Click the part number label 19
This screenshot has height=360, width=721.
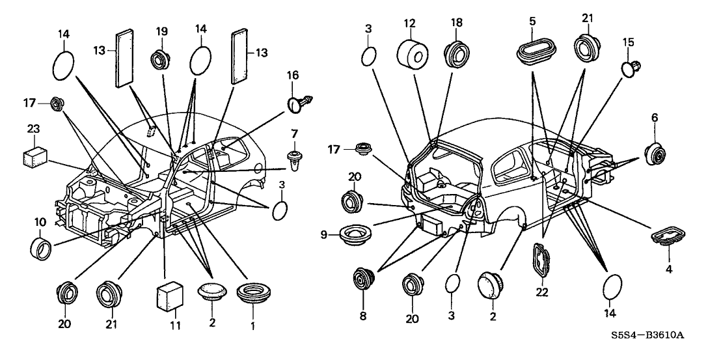click(162, 31)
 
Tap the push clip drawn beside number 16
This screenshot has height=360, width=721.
click(299, 103)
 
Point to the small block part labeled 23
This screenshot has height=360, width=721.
click(34, 156)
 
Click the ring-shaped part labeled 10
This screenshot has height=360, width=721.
click(43, 247)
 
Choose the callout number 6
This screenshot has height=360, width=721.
click(655, 117)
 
